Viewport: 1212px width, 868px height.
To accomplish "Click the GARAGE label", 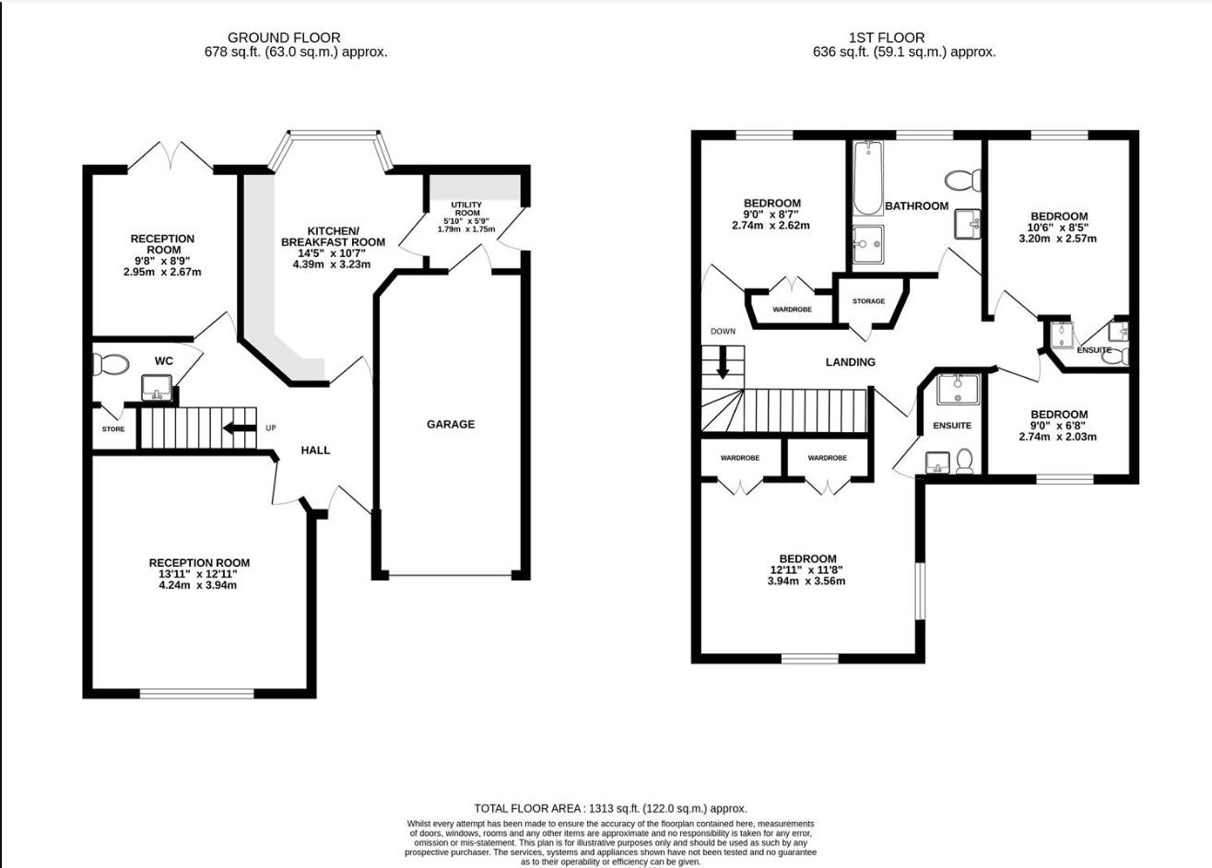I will (451, 424).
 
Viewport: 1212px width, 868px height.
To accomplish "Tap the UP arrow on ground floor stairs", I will (239, 428).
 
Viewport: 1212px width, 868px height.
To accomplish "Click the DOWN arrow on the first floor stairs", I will (723, 361).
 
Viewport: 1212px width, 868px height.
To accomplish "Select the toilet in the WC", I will (112, 365).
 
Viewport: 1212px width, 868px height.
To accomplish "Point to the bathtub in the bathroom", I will (867, 179).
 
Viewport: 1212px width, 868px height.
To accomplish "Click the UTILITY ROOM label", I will (466, 208).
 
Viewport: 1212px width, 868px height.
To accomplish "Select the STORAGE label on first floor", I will (868, 301).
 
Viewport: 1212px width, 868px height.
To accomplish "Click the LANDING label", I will (850, 362).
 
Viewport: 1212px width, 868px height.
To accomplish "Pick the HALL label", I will (315, 451).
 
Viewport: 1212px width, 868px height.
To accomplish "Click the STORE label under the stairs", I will (113, 429).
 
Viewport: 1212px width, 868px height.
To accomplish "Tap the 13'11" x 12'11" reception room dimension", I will (199, 574).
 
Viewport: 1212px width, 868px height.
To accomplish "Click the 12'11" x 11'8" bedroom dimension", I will (807, 570).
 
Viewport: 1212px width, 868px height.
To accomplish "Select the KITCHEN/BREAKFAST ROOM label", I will (333, 236).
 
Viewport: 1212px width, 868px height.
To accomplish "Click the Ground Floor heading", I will (284, 38).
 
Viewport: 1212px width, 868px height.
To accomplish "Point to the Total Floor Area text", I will (610, 808).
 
